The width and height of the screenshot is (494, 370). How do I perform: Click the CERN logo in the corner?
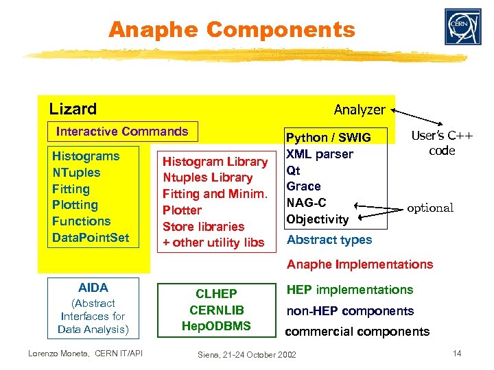coord(462,27)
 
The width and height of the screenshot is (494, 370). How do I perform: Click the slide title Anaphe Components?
coord(232,29)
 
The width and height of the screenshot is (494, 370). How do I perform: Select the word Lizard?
coord(73,109)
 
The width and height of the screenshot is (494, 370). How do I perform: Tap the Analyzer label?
coord(360,110)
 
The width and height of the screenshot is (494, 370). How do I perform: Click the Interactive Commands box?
coord(122,132)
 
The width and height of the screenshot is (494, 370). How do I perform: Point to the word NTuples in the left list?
coord(76,173)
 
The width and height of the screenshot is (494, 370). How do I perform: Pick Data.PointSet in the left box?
coord(90,237)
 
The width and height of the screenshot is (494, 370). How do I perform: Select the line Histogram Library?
coord(215,162)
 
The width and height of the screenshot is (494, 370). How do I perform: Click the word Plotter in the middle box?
coord(182,210)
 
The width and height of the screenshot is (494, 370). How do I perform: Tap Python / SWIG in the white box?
coord(328,138)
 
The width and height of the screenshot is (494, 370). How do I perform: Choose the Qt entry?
coord(293,170)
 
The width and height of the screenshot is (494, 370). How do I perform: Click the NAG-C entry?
coord(306,203)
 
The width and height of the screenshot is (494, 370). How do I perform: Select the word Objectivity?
coord(318,219)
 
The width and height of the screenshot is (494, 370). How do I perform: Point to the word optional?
coord(430,208)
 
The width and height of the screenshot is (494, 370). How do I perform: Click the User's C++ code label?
coord(441,143)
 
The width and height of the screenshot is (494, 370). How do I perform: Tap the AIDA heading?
coord(93,288)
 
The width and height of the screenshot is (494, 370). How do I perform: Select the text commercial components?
coord(357,332)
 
